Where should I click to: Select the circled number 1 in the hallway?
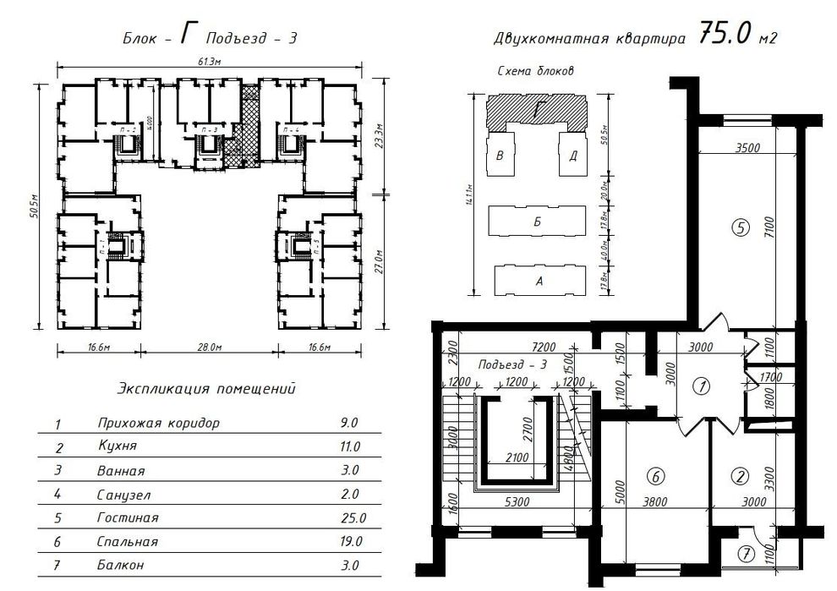point(699,386)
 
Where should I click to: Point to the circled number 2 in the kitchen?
point(741,476)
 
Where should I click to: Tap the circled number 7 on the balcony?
point(745,555)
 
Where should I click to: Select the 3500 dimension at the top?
point(748,147)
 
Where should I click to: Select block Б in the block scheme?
point(537,222)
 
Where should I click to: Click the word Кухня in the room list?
point(116,446)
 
